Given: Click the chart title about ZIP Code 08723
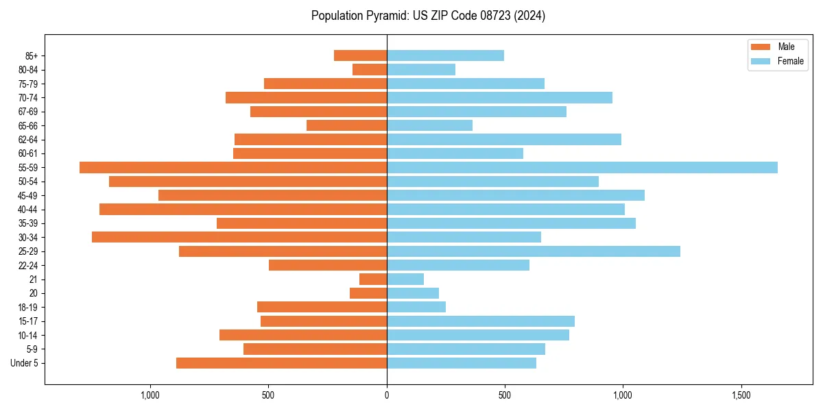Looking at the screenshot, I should click(428, 16).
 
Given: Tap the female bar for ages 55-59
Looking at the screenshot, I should click(582, 167).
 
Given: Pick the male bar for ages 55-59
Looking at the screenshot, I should click(233, 167).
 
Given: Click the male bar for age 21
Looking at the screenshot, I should click(373, 279).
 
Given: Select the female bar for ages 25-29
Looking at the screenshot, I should click(533, 251).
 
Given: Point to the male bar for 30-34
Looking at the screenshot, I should click(239, 237).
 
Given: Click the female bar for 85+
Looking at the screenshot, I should click(445, 55).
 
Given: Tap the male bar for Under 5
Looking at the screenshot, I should click(281, 363).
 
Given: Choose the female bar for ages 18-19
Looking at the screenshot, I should click(416, 307).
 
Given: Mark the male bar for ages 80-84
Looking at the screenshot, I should click(370, 69).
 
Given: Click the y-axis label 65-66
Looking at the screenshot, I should click(28, 125).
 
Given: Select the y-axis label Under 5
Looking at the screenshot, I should click(25, 363).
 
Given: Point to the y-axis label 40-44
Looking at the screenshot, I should click(28, 210).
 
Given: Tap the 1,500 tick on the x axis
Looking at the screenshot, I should click(741, 395).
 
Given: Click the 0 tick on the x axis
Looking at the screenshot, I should click(387, 395).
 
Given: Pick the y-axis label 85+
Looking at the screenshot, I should click(32, 55).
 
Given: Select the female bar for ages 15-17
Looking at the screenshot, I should click(480, 321).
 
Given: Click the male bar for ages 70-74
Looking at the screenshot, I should click(306, 97).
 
